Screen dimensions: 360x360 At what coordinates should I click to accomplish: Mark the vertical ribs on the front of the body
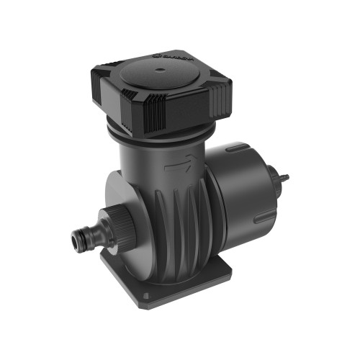pos(180,223)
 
